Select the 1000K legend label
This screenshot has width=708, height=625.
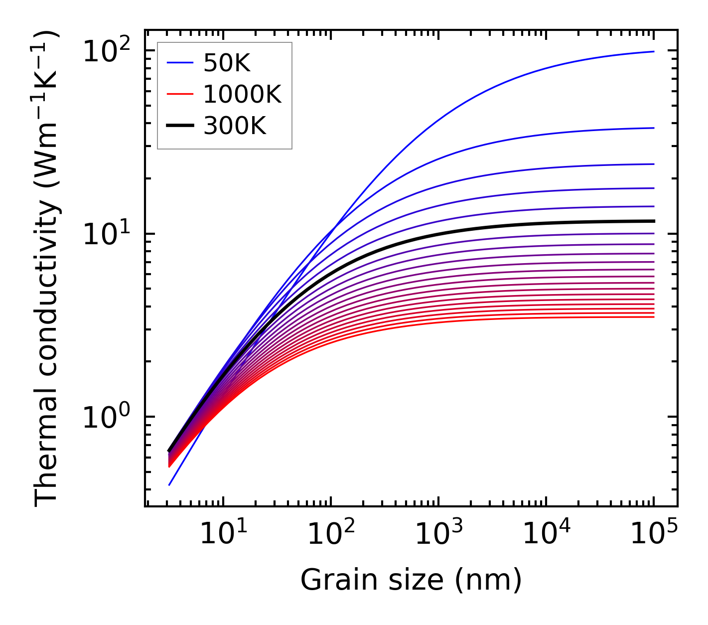click(242, 94)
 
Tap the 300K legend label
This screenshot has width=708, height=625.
click(235, 126)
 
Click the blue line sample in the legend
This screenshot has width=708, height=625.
click(179, 63)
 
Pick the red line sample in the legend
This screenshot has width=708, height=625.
click(179, 94)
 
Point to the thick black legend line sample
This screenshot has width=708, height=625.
click(179, 126)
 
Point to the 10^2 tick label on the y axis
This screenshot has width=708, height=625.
click(106, 51)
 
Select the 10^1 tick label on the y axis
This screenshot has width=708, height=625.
click(106, 234)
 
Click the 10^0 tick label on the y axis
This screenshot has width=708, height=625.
click(106, 417)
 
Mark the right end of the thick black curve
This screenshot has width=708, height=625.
click(653, 221)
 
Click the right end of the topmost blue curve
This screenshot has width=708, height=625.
click(653, 51)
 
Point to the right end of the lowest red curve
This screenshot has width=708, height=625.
click(653, 317)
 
